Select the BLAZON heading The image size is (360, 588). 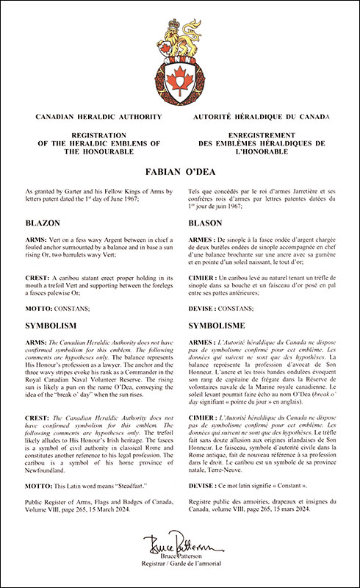tap(57, 221)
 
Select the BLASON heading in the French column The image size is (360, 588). tap(206, 221)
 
